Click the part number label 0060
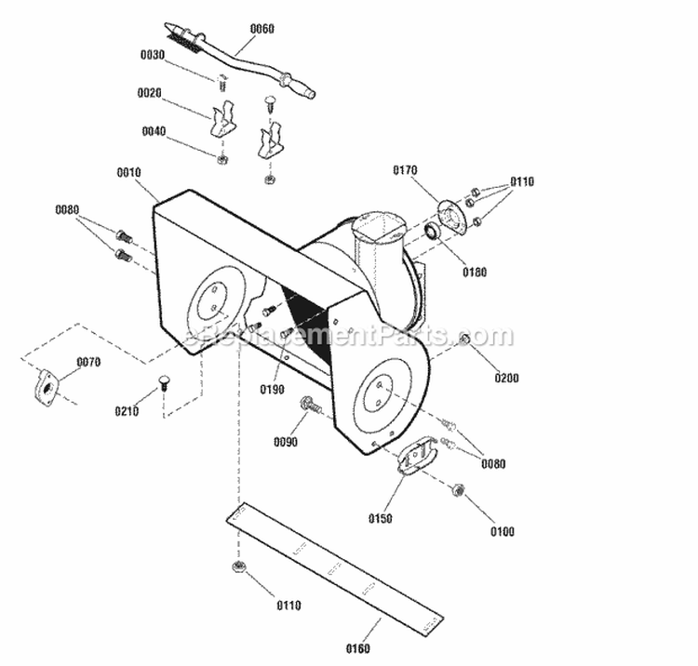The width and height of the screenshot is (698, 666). point(262,29)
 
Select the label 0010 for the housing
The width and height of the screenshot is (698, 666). point(128,172)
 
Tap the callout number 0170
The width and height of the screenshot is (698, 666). point(405,170)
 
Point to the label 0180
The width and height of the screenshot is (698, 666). point(473,273)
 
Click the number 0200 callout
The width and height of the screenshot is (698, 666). point(506,378)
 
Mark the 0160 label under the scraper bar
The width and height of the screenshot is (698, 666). point(357,648)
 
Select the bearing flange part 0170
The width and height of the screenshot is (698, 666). point(451,217)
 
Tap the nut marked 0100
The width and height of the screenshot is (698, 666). point(458,489)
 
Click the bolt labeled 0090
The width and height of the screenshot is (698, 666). point(309,405)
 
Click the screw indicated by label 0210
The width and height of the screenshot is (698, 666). point(165,381)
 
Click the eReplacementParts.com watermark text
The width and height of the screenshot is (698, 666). point(349,336)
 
